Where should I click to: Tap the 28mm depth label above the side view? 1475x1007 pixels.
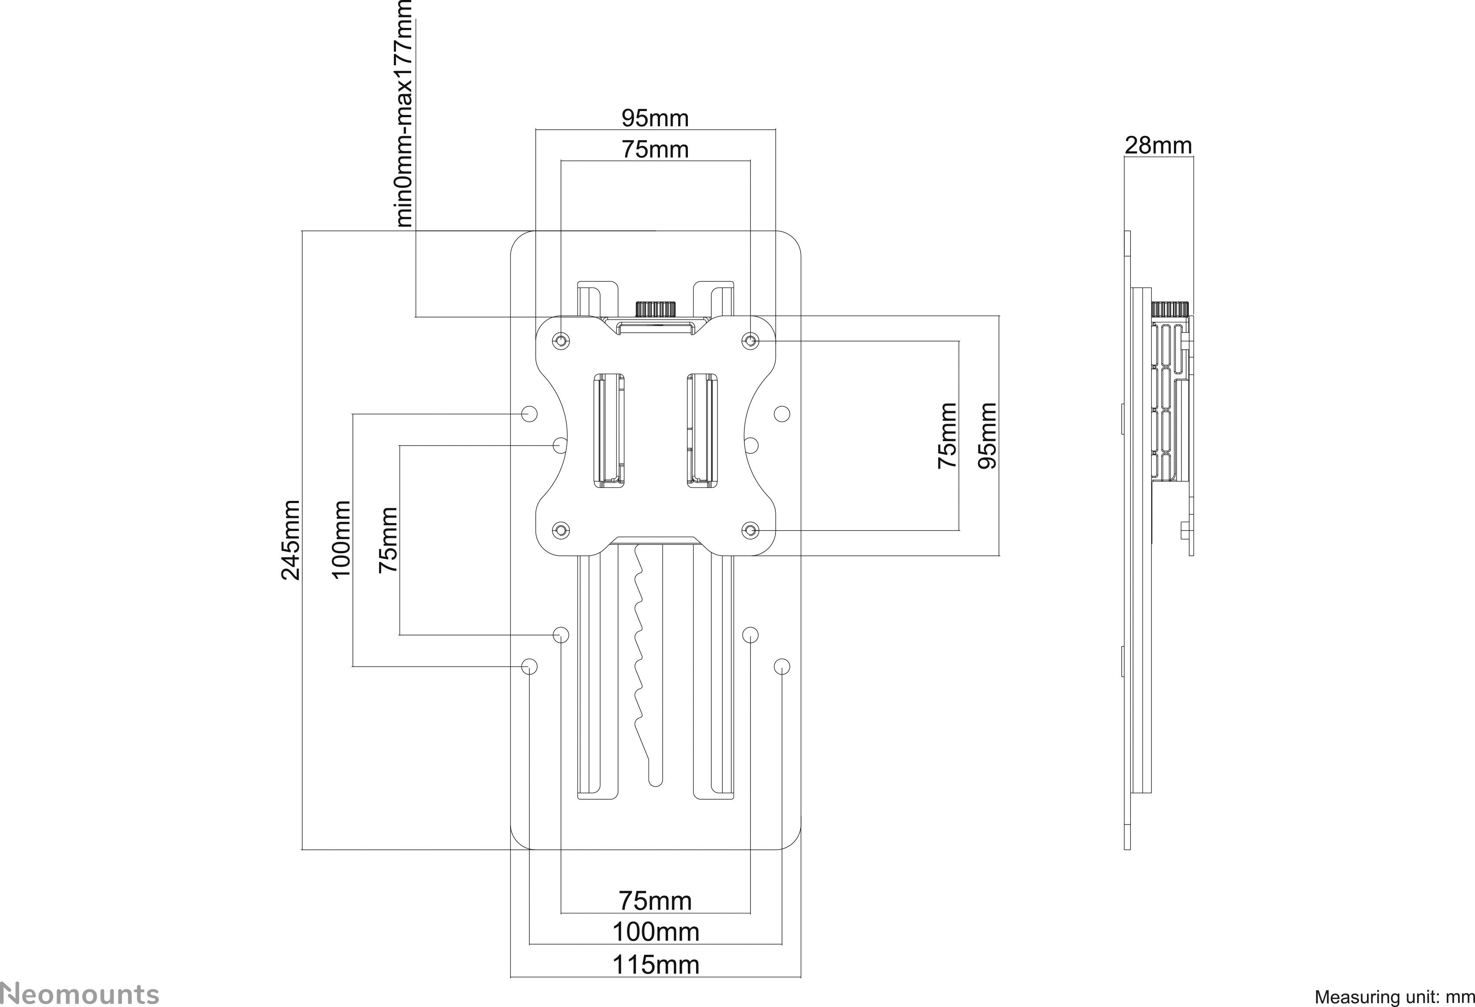[x=1158, y=145]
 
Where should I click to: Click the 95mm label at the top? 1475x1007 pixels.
[x=654, y=118]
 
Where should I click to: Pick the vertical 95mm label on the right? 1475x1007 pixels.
[x=987, y=435]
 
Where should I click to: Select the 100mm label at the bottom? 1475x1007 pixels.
[x=655, y=932]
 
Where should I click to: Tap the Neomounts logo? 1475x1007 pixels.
[x=79, y=993]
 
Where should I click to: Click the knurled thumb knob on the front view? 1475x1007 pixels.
[x=655, y=309]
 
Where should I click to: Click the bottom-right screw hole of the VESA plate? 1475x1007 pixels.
[x=750, y=530]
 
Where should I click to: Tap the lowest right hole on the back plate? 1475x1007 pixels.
[x=782, y=666]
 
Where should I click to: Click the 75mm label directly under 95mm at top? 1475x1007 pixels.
[x=654, y=150]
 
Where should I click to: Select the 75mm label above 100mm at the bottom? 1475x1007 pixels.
[x=655, y=900]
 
